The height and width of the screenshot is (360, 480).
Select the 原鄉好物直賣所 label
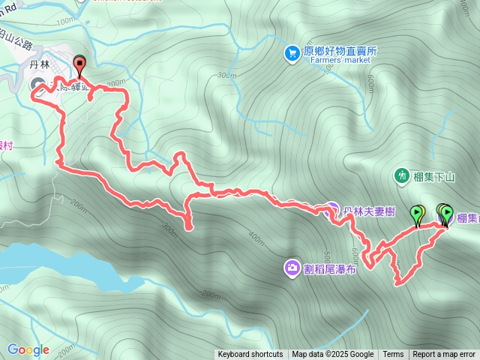point(340,52)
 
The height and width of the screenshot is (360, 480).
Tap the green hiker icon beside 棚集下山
point(402,175)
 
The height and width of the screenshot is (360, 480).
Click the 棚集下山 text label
point(434,176)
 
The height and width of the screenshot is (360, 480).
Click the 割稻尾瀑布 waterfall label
point(331,268)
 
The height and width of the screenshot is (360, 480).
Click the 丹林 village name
point(39,65)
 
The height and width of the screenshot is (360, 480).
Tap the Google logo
point(28,349)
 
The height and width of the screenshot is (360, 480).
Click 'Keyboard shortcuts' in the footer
point(250,355)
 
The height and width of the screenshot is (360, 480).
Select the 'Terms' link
point(393,355)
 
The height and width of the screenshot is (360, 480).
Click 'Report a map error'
point(444,355)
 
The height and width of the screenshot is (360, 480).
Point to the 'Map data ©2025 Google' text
point(333,355)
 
